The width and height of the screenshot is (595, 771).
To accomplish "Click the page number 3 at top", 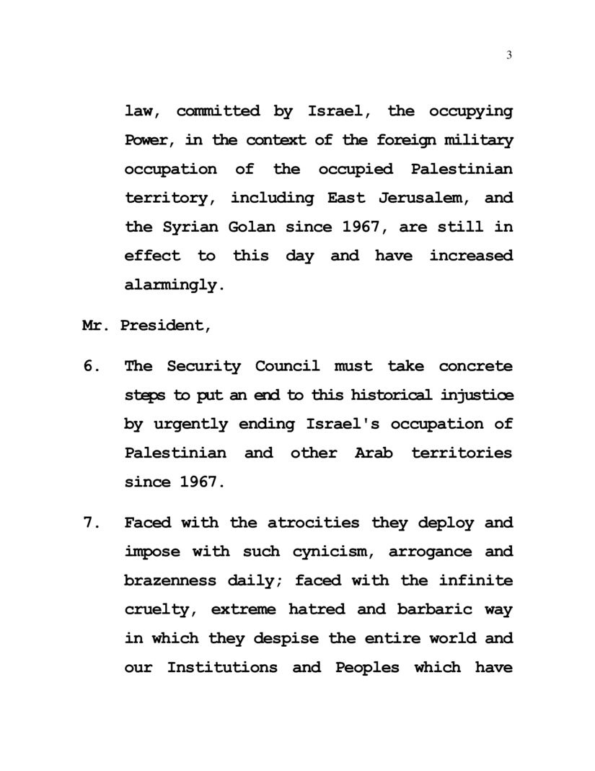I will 509,56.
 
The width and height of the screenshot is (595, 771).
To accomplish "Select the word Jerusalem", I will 413,198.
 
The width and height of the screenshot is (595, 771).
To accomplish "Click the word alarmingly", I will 170,284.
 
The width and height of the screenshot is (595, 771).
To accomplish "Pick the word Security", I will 204,366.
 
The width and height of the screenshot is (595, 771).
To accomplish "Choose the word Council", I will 287,366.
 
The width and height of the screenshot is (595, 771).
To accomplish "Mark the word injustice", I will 477,395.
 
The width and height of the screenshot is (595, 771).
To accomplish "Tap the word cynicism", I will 332,552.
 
